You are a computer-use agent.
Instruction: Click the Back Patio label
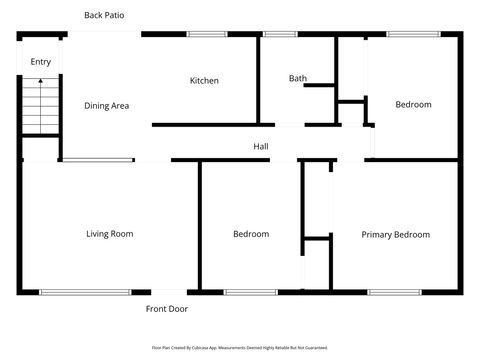(x=105, y=15)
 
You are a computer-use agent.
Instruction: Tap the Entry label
(x=40, y=62)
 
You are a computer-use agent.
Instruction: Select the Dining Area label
(x=106, y=105)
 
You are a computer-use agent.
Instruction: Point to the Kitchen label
(x=204, y=80)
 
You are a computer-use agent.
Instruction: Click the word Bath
(x=298, y=78)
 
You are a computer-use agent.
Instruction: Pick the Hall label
(x=260, y=147)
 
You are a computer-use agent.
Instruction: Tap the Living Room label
(x=109, y=234)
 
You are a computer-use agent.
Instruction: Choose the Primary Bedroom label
(x=395, y=234)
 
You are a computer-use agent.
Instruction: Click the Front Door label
(x=166, y=309)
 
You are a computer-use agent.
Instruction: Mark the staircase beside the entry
(x=40, y=108)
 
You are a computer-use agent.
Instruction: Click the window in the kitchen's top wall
(x=206, y=35)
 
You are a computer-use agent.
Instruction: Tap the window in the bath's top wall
(x=279, y=35)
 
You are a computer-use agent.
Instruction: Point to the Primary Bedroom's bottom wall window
(x=387, y=292)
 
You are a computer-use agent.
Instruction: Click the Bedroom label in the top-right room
(x=413, y=104)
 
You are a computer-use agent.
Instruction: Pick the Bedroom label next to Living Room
(x=251, y=234)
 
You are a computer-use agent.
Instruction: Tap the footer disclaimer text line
(x=240, y=347)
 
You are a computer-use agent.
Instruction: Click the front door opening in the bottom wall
(x=166, y=292)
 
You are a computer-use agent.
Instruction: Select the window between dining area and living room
(x=98, y=160)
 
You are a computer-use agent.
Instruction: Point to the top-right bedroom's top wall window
(x=407, y=35)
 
